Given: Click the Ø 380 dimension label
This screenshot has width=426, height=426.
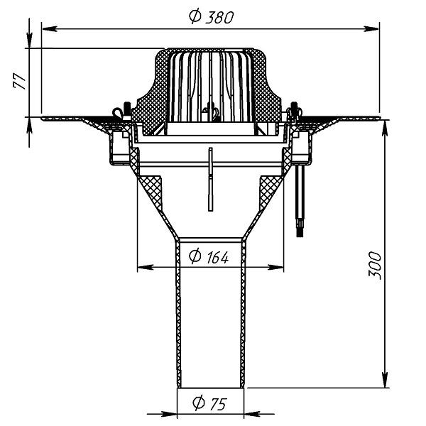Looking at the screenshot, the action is coord(212,16).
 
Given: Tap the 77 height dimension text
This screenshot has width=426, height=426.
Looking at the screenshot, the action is coord(20,81).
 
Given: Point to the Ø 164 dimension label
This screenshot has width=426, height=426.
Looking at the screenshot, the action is coord(209,256).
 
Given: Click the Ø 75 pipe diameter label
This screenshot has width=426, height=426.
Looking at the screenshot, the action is coord(209,403).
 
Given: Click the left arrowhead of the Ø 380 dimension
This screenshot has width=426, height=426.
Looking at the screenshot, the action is coord(50,28).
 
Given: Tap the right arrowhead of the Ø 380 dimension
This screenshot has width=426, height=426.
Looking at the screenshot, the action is coord(371,28).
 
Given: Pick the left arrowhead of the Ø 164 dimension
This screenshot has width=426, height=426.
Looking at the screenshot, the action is coord(146,268).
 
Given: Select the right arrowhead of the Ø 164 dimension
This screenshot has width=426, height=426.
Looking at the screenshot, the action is coord(275,268).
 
